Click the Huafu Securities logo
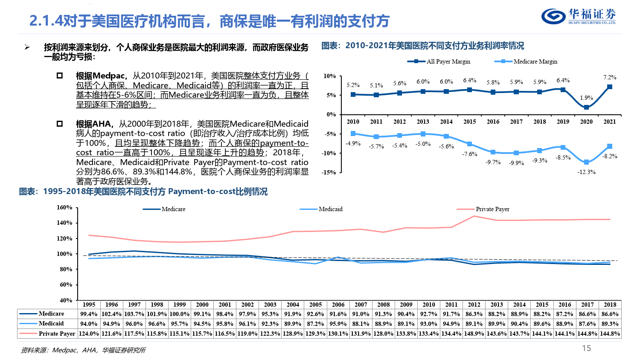pos(579,16)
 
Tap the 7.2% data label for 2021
pos(610,77)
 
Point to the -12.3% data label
pos(586,172)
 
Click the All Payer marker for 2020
pos(586,107)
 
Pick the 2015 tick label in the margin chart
pos(470,122)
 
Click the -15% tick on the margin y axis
pos(329,172)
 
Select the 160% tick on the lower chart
pos(64,207)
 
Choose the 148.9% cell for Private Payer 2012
pos(474,334)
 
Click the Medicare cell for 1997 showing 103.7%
pos(134,314)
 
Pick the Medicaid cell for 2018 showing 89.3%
pos(610,324)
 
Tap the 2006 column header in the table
pos(338,305)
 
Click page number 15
pos(587,348)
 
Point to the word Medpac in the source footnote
pos(64,350)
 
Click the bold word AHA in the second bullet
pos(102,124)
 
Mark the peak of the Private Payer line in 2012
pos(474,216)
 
